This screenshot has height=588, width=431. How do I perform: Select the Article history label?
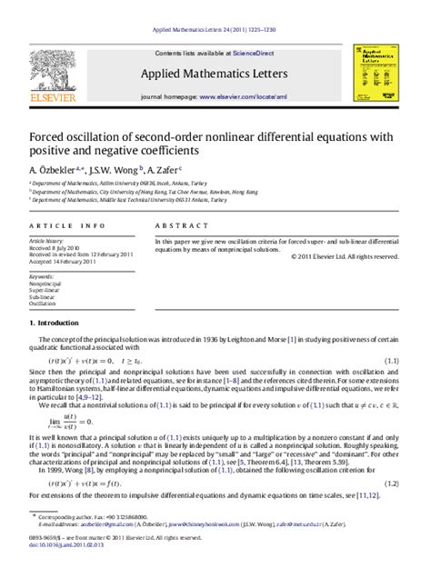click(45, 241)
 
